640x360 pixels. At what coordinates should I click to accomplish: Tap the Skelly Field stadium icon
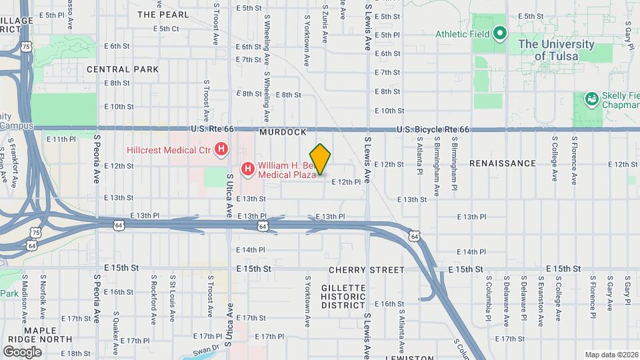point(591,99)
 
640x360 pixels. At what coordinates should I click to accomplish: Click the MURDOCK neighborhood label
point(283,133)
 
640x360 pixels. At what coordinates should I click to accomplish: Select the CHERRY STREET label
point(366,270)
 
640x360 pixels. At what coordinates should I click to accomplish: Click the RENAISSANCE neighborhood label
point(502,163)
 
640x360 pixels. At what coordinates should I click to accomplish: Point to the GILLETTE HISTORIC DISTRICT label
point(343,296)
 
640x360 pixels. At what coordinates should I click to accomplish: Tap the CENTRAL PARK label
point(123,69)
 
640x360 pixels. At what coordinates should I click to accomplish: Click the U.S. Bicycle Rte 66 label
point(433,129)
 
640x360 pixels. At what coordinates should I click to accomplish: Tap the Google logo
point(22,351)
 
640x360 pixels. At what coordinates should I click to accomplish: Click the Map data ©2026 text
point(611,355)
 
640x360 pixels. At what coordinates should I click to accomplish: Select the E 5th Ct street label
point(166,29)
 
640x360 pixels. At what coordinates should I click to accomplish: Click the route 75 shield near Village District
point(25,47)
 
